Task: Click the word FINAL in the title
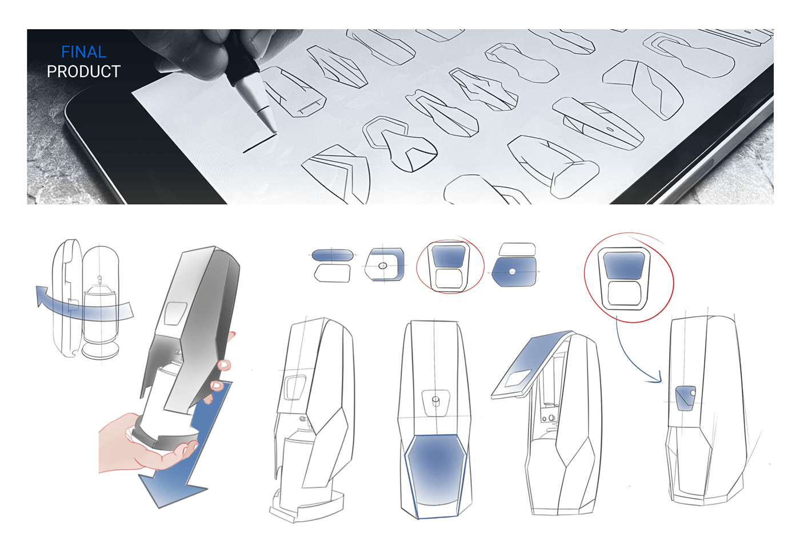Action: pyautogui.click(x=83, y=52)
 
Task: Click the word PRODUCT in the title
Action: pyautogui.click(x=83, y=72)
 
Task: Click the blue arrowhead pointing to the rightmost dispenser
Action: pyautogui.click(x=657, y=378)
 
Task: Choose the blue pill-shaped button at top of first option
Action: pyautogui.click(x=333, y=255)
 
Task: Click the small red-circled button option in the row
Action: pyautogui.click(x=449, y=267)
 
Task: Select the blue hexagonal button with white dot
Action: pyautogui.click(x=515, y=272)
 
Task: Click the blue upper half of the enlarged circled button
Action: pyautogui.click(x=624, y=265)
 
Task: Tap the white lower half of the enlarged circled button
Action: pyautogui.click(x=624, y=293)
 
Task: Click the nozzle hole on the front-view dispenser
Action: pyautogui.click(x=436, y=399)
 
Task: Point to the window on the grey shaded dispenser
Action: pyautogui.click(x=174, y=313)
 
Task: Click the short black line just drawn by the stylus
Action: pyautogui.click(x=258, y=144)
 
